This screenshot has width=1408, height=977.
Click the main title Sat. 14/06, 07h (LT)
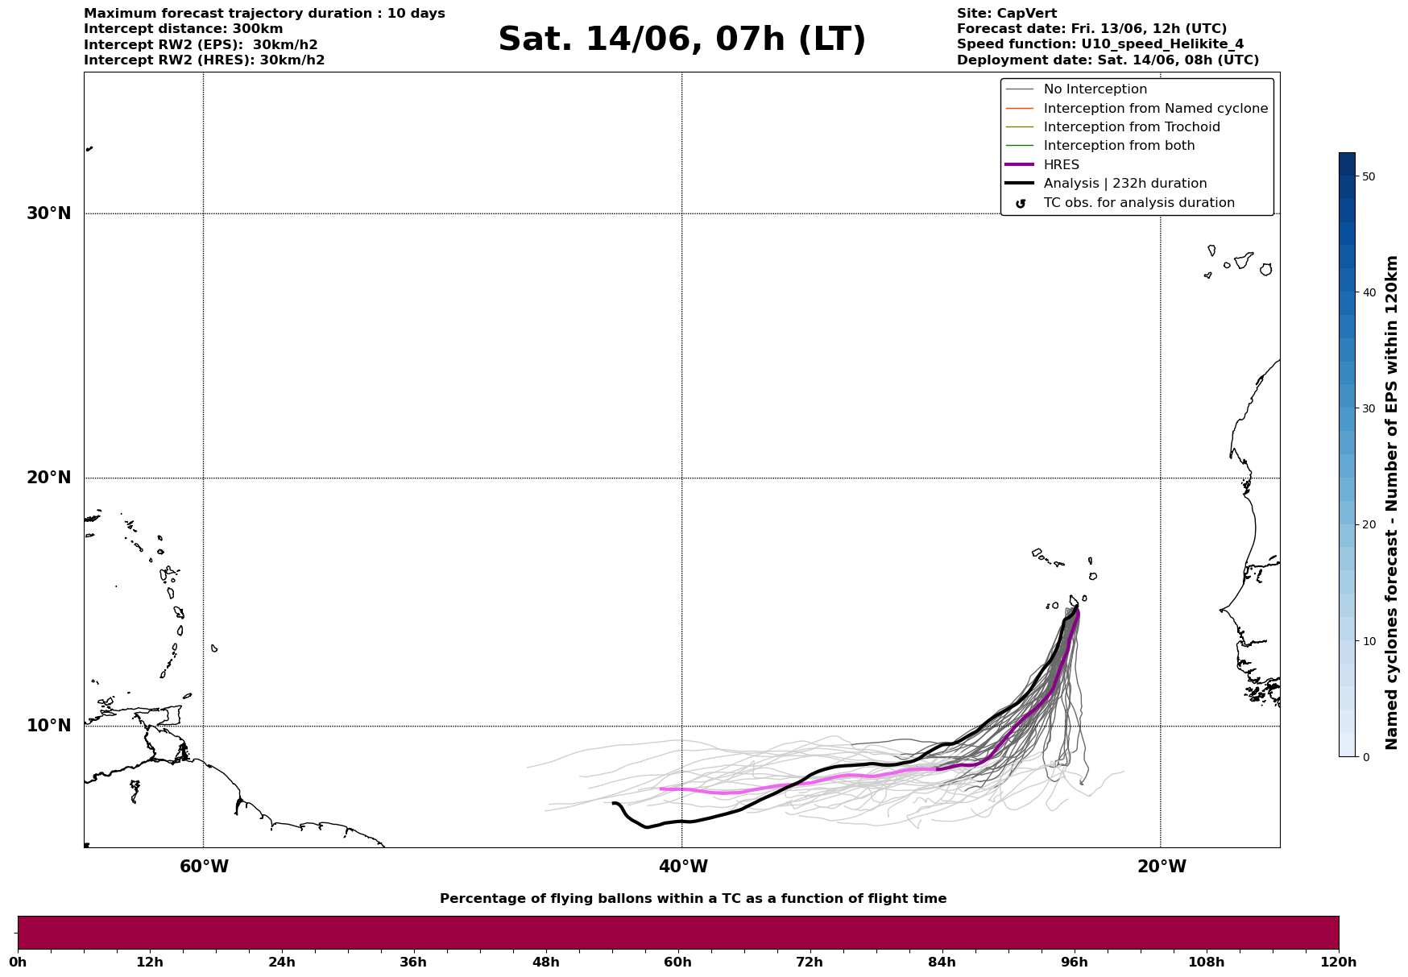click(681, 39)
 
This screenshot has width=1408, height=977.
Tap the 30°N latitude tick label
click(49, 213)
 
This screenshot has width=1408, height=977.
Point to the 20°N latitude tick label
click(49, 478)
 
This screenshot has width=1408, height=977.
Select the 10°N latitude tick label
click(49, 726)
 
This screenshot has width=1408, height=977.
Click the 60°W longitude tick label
click(204, 867)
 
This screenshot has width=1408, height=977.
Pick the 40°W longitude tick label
click(683, 867)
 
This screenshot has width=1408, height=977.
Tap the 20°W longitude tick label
click(1162, 867)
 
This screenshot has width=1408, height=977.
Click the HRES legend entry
click(1061, 165)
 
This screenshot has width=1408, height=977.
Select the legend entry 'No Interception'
click(1095, 89)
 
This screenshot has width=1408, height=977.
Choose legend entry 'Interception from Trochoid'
click(1131, 127)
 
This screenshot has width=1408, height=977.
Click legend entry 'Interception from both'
click(1119, 146)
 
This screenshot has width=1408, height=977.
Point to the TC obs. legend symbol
click(1021, 204)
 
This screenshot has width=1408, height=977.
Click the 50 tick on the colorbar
click(1368, 176)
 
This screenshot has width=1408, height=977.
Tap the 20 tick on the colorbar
click(1368, 525)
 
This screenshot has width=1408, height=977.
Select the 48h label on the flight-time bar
click(545, 963)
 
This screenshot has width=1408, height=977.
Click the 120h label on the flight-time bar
click(1338, 963)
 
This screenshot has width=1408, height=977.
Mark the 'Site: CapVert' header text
click(1006, 14)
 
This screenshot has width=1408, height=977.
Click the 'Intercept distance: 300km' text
click(183, 29)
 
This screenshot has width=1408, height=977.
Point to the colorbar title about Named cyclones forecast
click(1391, 503)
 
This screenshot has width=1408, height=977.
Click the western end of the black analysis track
click(614, 803)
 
